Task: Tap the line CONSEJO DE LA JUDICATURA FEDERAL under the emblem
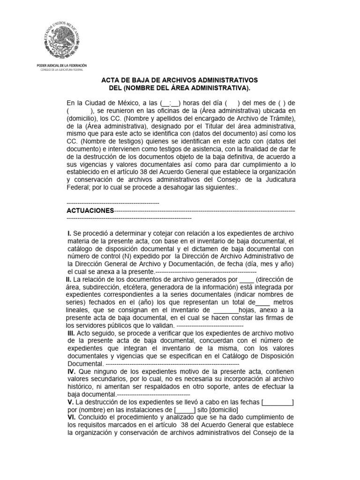pos(61,69)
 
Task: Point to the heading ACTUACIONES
pos(90,211)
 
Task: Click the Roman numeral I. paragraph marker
pos(69,233)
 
